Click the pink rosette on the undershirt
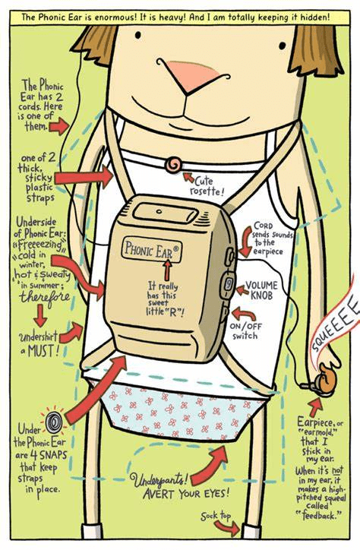pyautogui.click(x=174, y=165)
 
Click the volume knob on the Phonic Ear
pyautogui.click(x=228, y=285)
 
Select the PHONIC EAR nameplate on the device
pyautogui.click(x=151, y=249)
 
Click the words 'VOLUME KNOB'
pyautogui.click(x=261, y=290)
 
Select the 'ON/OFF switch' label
pyautogui.click(x=246, y=330)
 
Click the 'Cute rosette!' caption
pyautogui.click(x=207, y=187)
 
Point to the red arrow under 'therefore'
pyautogui.click(x=41, y=315)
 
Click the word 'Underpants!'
pyautogui.click(x=156, y=479)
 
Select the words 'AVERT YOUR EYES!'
pyautogui.click(x=186, y=494)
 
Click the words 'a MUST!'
pyautogui.click(x=39, y=350)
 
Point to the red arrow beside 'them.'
pyautogui.click(x=59, y=126)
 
